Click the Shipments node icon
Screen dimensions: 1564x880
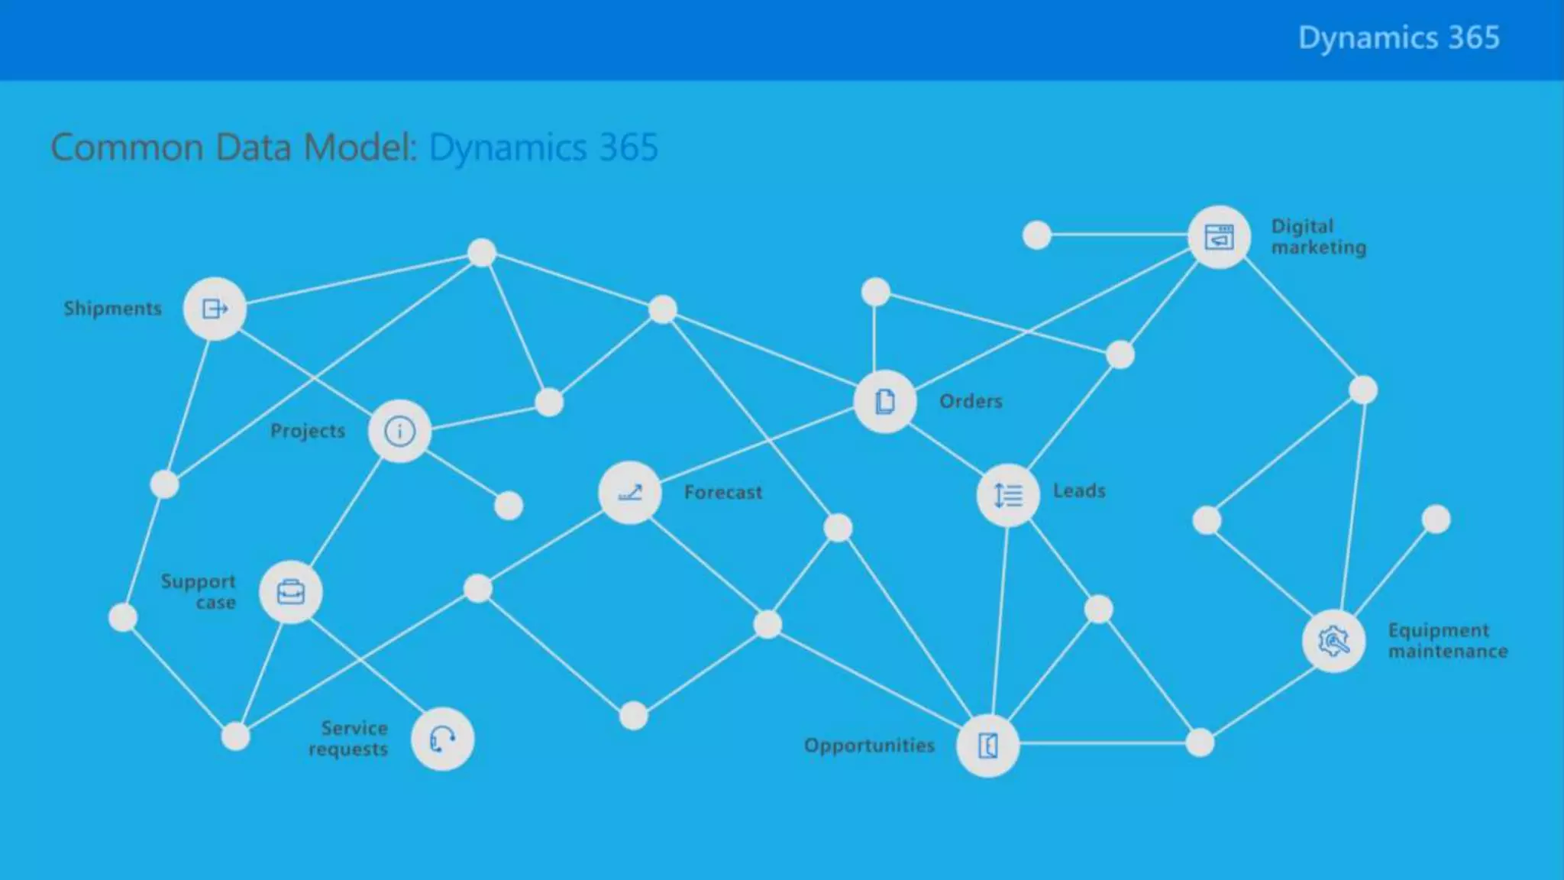215,309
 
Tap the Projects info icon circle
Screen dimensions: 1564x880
399,432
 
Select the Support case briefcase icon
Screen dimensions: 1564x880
290,592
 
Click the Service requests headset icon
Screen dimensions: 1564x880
442,739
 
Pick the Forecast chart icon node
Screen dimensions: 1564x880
630,493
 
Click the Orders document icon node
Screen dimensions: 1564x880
885,402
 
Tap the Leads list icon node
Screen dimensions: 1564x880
1008,496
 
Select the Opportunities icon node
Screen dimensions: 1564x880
987,745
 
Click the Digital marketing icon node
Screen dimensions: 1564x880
1219,237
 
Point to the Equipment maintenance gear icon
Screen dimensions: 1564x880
1333,641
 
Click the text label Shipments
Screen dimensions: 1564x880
113,309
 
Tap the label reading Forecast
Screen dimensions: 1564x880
723,493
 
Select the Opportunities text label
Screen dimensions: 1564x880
869,746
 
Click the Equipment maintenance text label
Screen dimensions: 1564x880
1447,641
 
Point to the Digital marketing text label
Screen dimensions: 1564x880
1318,237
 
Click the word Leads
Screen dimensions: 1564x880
1079,491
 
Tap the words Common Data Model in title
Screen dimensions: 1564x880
234,147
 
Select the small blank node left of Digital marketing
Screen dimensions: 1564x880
1036,235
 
